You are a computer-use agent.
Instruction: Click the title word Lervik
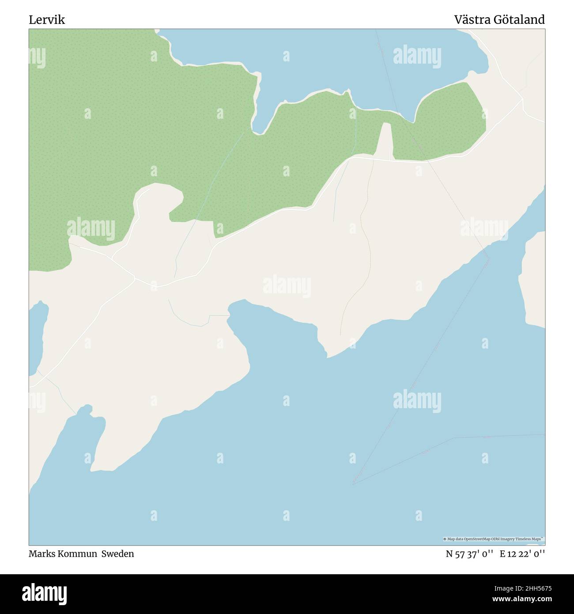pyautogui.click(x=47, y=20)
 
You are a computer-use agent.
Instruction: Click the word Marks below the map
pyautogui.click(x=40, y=553)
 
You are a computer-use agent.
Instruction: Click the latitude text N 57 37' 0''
pyautogui.click(x=469, y=553)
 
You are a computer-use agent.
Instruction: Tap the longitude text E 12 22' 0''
pyautogui.click(x=522, y=553)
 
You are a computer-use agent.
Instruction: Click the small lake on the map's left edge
pyautogui.click(x=38, y=336)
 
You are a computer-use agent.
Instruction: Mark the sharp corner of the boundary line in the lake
pyautogui.click(x=354, y=484)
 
